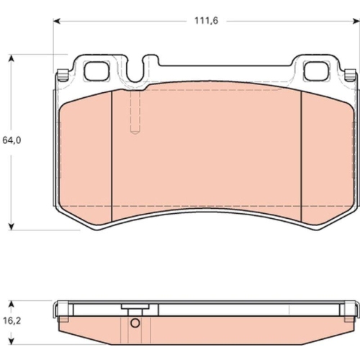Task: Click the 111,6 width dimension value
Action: [206, 21]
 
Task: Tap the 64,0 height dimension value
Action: [12, 140]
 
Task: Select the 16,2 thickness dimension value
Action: [12, 320]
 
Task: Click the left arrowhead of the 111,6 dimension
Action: [57, 22]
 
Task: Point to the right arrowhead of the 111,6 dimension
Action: [355, 22]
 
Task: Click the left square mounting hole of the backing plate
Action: [96, 71]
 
